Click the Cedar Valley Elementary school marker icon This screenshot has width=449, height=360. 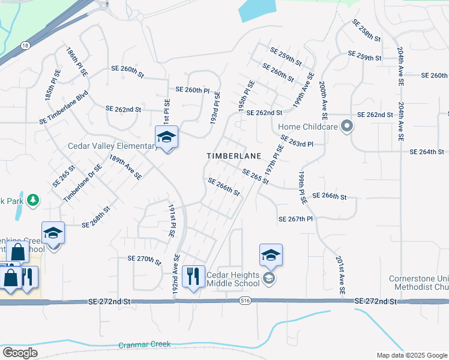tap(166, 137)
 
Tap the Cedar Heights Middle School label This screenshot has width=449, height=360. tap(233, 279)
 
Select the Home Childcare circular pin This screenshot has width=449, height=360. tap(346, 127)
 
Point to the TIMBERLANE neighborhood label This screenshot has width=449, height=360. tap(234, 155)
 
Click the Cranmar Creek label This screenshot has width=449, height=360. tap(144, 345)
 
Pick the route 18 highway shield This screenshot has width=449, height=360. tap(25, 45)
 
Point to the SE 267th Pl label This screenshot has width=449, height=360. tap(295, 220)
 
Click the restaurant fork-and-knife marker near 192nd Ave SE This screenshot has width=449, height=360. tap(193, 277)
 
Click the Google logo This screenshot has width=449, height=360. tap(20, 352)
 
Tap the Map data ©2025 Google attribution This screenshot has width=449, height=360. tap(412, 355)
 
